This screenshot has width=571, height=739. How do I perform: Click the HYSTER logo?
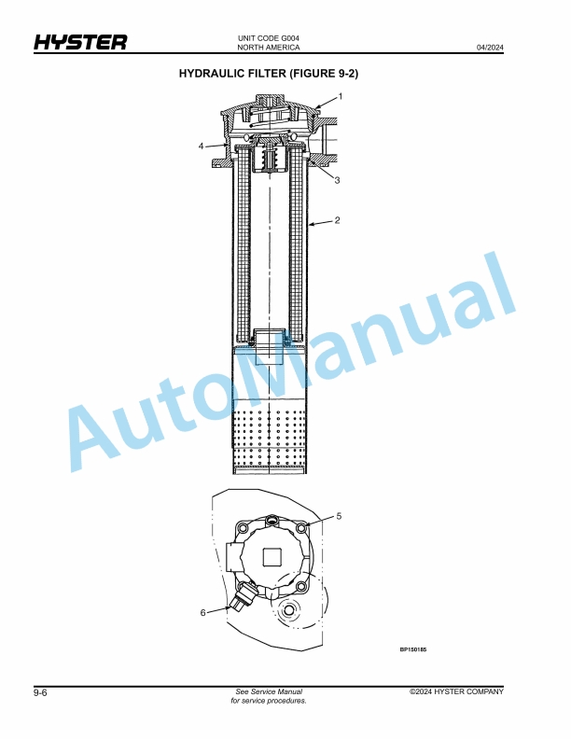coord(80,42)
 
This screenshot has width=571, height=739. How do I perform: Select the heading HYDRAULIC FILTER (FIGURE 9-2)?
coord(269,74)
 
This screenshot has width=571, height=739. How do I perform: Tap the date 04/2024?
coord(490,48)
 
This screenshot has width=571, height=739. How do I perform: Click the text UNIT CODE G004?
coord(269,38)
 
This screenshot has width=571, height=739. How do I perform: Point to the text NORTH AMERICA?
coord(269,48)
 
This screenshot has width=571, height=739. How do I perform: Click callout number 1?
coord(341,97)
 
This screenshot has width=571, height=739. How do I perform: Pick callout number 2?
coord(337,220)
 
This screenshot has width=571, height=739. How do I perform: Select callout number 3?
coord(337,180)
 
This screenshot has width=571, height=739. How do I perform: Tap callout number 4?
coord(202,146)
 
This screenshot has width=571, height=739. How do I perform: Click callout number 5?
coord(339,516)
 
